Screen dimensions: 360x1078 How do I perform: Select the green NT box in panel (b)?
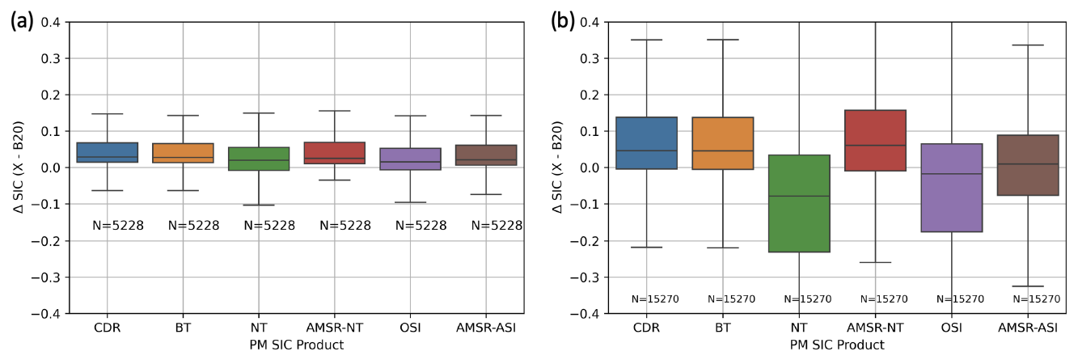click(x=799, y=203)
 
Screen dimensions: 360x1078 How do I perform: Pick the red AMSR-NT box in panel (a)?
click(x=336, y=153)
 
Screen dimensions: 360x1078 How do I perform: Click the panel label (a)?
click(x=21, y=21)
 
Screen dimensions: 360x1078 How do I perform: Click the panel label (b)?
click(x=563, y=21)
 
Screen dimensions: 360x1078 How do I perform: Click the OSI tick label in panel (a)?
click(x=412, y=328)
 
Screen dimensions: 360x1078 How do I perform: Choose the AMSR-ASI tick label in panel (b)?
click(x=1028, y=328)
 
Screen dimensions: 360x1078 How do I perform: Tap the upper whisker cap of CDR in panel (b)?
click(x=647, y=40)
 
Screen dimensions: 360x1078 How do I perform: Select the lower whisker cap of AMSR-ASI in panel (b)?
click(x=1028, y=286)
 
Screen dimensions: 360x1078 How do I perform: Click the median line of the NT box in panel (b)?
click(x=799, y=196)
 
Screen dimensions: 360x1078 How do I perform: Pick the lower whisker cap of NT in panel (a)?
click(x=260, y=205)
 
